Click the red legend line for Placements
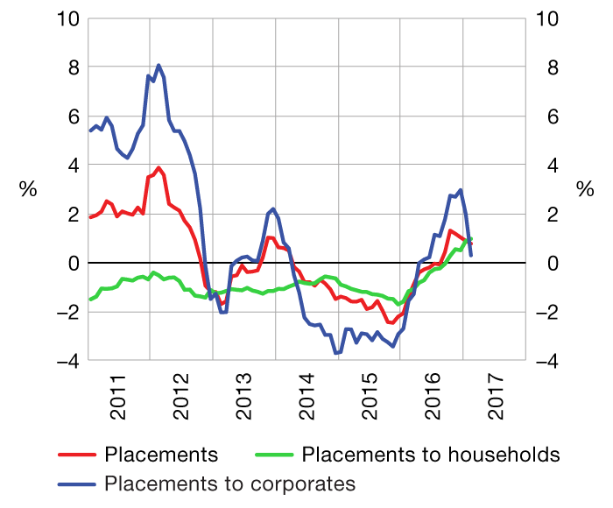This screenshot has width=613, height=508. point(76,455)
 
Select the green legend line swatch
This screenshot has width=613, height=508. point(274,455)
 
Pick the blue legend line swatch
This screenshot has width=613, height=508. point(76,483)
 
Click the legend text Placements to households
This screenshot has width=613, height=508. point(430,455)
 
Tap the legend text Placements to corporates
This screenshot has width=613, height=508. point(230,483)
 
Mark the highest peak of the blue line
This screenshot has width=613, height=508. point(159,65)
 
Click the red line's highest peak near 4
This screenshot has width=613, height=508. point(159,168)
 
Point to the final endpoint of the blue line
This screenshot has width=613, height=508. point(471,255)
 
